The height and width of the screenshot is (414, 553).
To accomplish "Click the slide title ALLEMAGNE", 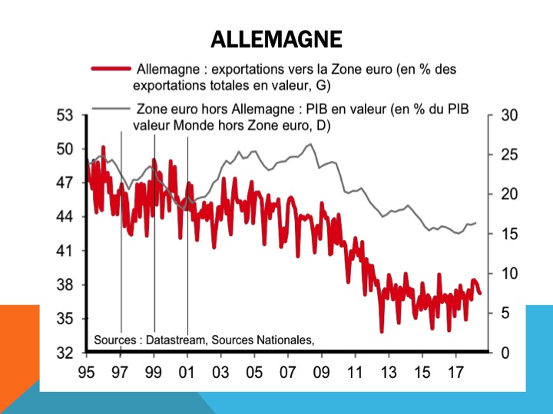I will click(x=276, y=39).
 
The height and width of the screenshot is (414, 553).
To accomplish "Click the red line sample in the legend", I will click(x=110, y=69).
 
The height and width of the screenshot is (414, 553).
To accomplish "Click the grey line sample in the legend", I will click(x=110, y=108).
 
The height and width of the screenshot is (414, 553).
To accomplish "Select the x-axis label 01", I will click(x=187, y=376).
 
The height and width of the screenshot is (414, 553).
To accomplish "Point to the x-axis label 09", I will click(x=322, y=376).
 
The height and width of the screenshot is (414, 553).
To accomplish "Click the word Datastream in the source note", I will click(x=176, y=340).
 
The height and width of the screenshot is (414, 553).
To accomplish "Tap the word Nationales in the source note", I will click(x=284, y=340).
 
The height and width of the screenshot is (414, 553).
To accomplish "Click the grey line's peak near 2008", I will click(x=310, y=144).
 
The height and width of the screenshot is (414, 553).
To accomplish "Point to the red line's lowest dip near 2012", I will click(x=381, y=331).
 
